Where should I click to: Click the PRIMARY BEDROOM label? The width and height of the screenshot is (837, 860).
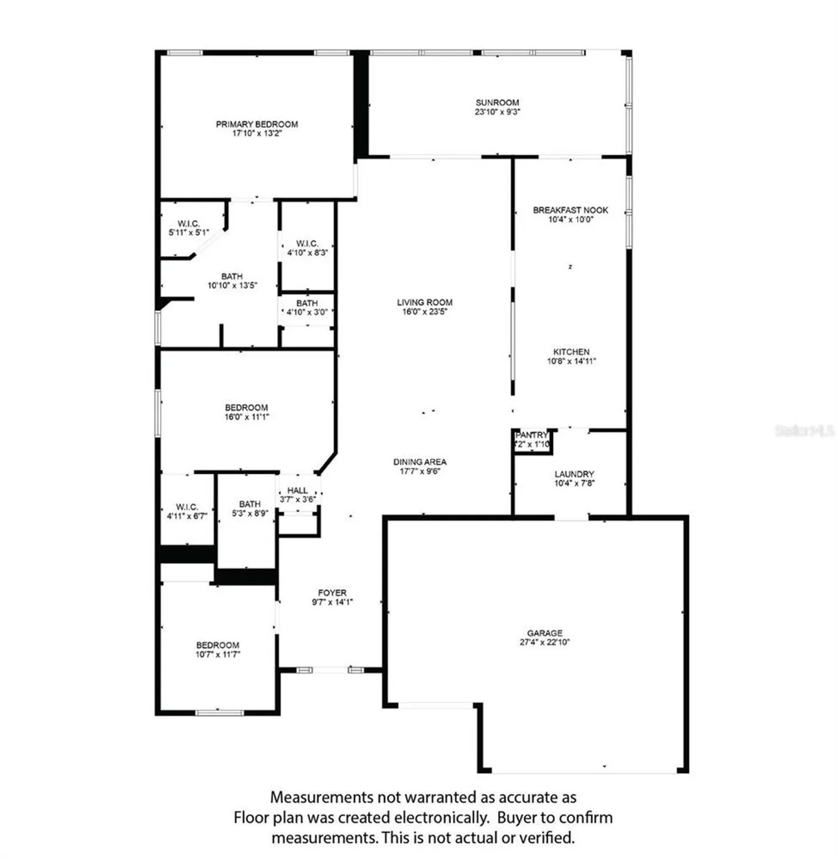click(257, 124)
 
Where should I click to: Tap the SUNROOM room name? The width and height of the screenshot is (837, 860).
click(497, 103)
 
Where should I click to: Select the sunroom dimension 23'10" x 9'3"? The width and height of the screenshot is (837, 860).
click(497, 112)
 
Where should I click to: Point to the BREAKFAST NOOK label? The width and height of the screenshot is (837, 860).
click(570, 210)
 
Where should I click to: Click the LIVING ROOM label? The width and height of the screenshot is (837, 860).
click(425, 302)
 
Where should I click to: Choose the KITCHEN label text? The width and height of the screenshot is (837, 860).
click(571, 351)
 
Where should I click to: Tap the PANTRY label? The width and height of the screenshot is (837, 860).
click(531, 435)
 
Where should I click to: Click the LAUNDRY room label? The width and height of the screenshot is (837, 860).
click(574, 474)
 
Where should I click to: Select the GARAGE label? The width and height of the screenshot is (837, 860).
click(545, 633)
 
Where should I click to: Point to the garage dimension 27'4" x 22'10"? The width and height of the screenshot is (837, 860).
click(545, 642)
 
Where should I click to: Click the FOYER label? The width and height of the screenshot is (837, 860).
click(333, 592)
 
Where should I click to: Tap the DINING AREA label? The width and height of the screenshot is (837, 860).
click(420, 462)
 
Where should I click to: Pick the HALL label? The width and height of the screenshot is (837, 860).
click(298, 490)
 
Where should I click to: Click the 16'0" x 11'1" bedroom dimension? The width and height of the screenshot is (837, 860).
click(247, 417)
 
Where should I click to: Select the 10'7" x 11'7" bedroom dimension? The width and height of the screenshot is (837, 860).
click(217, 654)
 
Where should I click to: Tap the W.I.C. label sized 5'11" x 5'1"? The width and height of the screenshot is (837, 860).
click(189, 224)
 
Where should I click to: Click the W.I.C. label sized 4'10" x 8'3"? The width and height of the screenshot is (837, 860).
click(307, 244)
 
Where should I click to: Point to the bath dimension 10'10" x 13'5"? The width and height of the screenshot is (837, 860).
click(232, 285)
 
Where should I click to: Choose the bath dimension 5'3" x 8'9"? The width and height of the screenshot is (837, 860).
click(249, 513)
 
